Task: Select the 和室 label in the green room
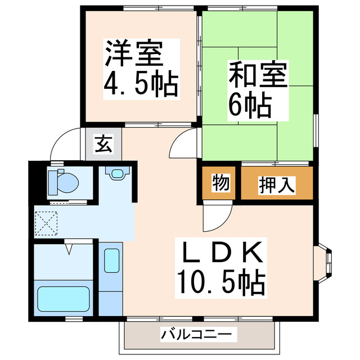pyautogui.click(x=258, y=75)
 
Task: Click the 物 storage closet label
pyautogui.click(x=219, y=184)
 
